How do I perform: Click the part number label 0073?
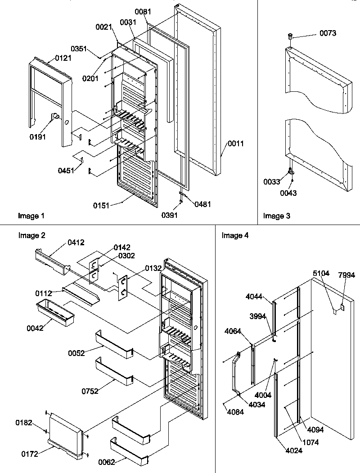click(x=328, y=33)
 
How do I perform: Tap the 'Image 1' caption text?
click(x=31, y=216)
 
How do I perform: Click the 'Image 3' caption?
click(x=276, y=216)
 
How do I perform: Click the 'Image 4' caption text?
click(x=235, y=235)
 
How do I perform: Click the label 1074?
click(x=310, y=442)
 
